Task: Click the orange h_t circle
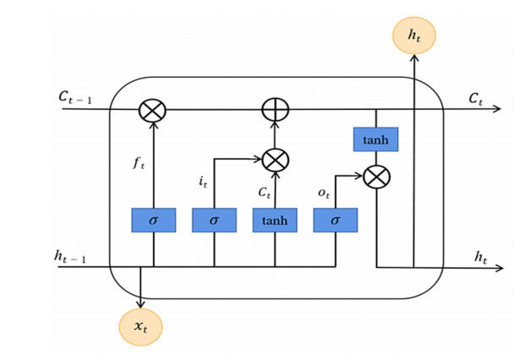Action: [x=414, y=35]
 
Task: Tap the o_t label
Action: [x=324, y=194]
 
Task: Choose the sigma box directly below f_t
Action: [x=153, y=221]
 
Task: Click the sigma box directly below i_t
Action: [x=214, y=221]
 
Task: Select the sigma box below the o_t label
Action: [x=335, y=221]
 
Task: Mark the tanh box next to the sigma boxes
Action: [x=275, y=221]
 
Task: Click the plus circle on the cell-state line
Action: [x=275, y=110]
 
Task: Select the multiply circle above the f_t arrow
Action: [x=153, y=110]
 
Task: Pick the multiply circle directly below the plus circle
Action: [x=275, y=158]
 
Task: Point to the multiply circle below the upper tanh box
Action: [x=376, y=177]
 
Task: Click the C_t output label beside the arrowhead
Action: [x=476, y=97]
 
